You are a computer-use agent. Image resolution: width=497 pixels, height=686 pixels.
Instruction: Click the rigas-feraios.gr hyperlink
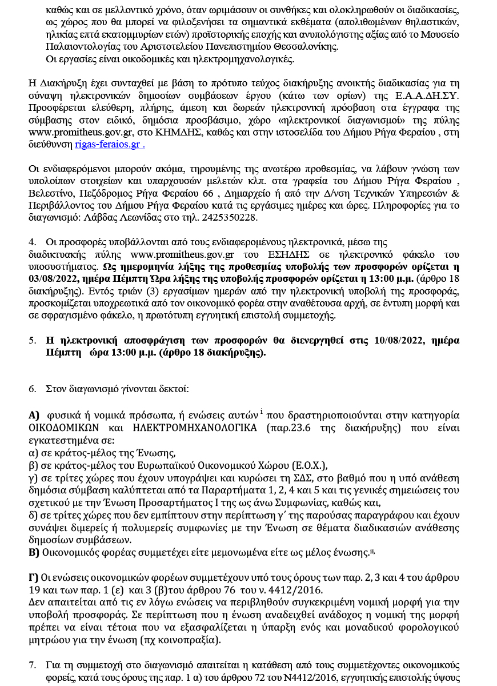(110, 145)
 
